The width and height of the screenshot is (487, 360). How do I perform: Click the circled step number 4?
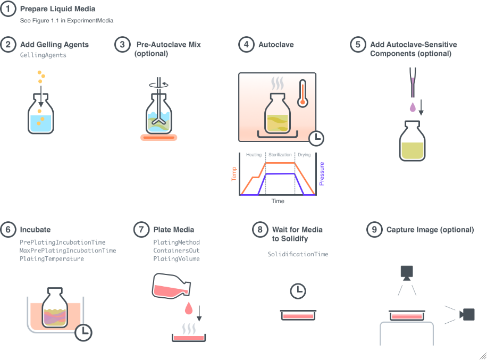click(246, 45)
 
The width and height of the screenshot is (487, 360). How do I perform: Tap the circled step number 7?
click(141, 230)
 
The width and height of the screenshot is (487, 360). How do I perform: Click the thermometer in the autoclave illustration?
click(303, 94)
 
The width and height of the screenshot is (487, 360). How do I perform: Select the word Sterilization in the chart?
click(280, 155)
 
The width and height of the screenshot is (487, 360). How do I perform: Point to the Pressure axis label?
click(322, 174)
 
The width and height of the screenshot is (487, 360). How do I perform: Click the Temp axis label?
click(234, 174)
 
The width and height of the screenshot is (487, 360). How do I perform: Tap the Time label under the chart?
click(278, 201)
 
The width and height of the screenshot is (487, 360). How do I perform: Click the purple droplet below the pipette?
click(413, 107)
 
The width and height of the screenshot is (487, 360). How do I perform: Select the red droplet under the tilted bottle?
click(189, 308)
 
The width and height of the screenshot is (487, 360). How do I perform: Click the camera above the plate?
click(407, 273)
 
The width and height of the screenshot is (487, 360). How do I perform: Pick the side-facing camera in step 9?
click(467, 314)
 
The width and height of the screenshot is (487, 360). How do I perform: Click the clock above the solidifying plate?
click(298, 291)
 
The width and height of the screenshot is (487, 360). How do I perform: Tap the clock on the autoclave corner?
click(316, 138)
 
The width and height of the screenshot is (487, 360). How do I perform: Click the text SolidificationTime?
click(298, 254)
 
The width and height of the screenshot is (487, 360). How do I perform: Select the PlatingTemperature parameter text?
click(52, 259)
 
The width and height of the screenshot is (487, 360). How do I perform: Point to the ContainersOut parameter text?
click(177, 250)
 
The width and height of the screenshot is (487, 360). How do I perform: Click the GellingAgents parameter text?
click(43, 55)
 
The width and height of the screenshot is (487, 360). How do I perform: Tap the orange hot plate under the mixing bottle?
click(159, 137)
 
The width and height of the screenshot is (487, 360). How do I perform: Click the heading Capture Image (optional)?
click(430, 230)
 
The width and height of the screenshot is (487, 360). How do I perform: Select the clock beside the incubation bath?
click(83, 333)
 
